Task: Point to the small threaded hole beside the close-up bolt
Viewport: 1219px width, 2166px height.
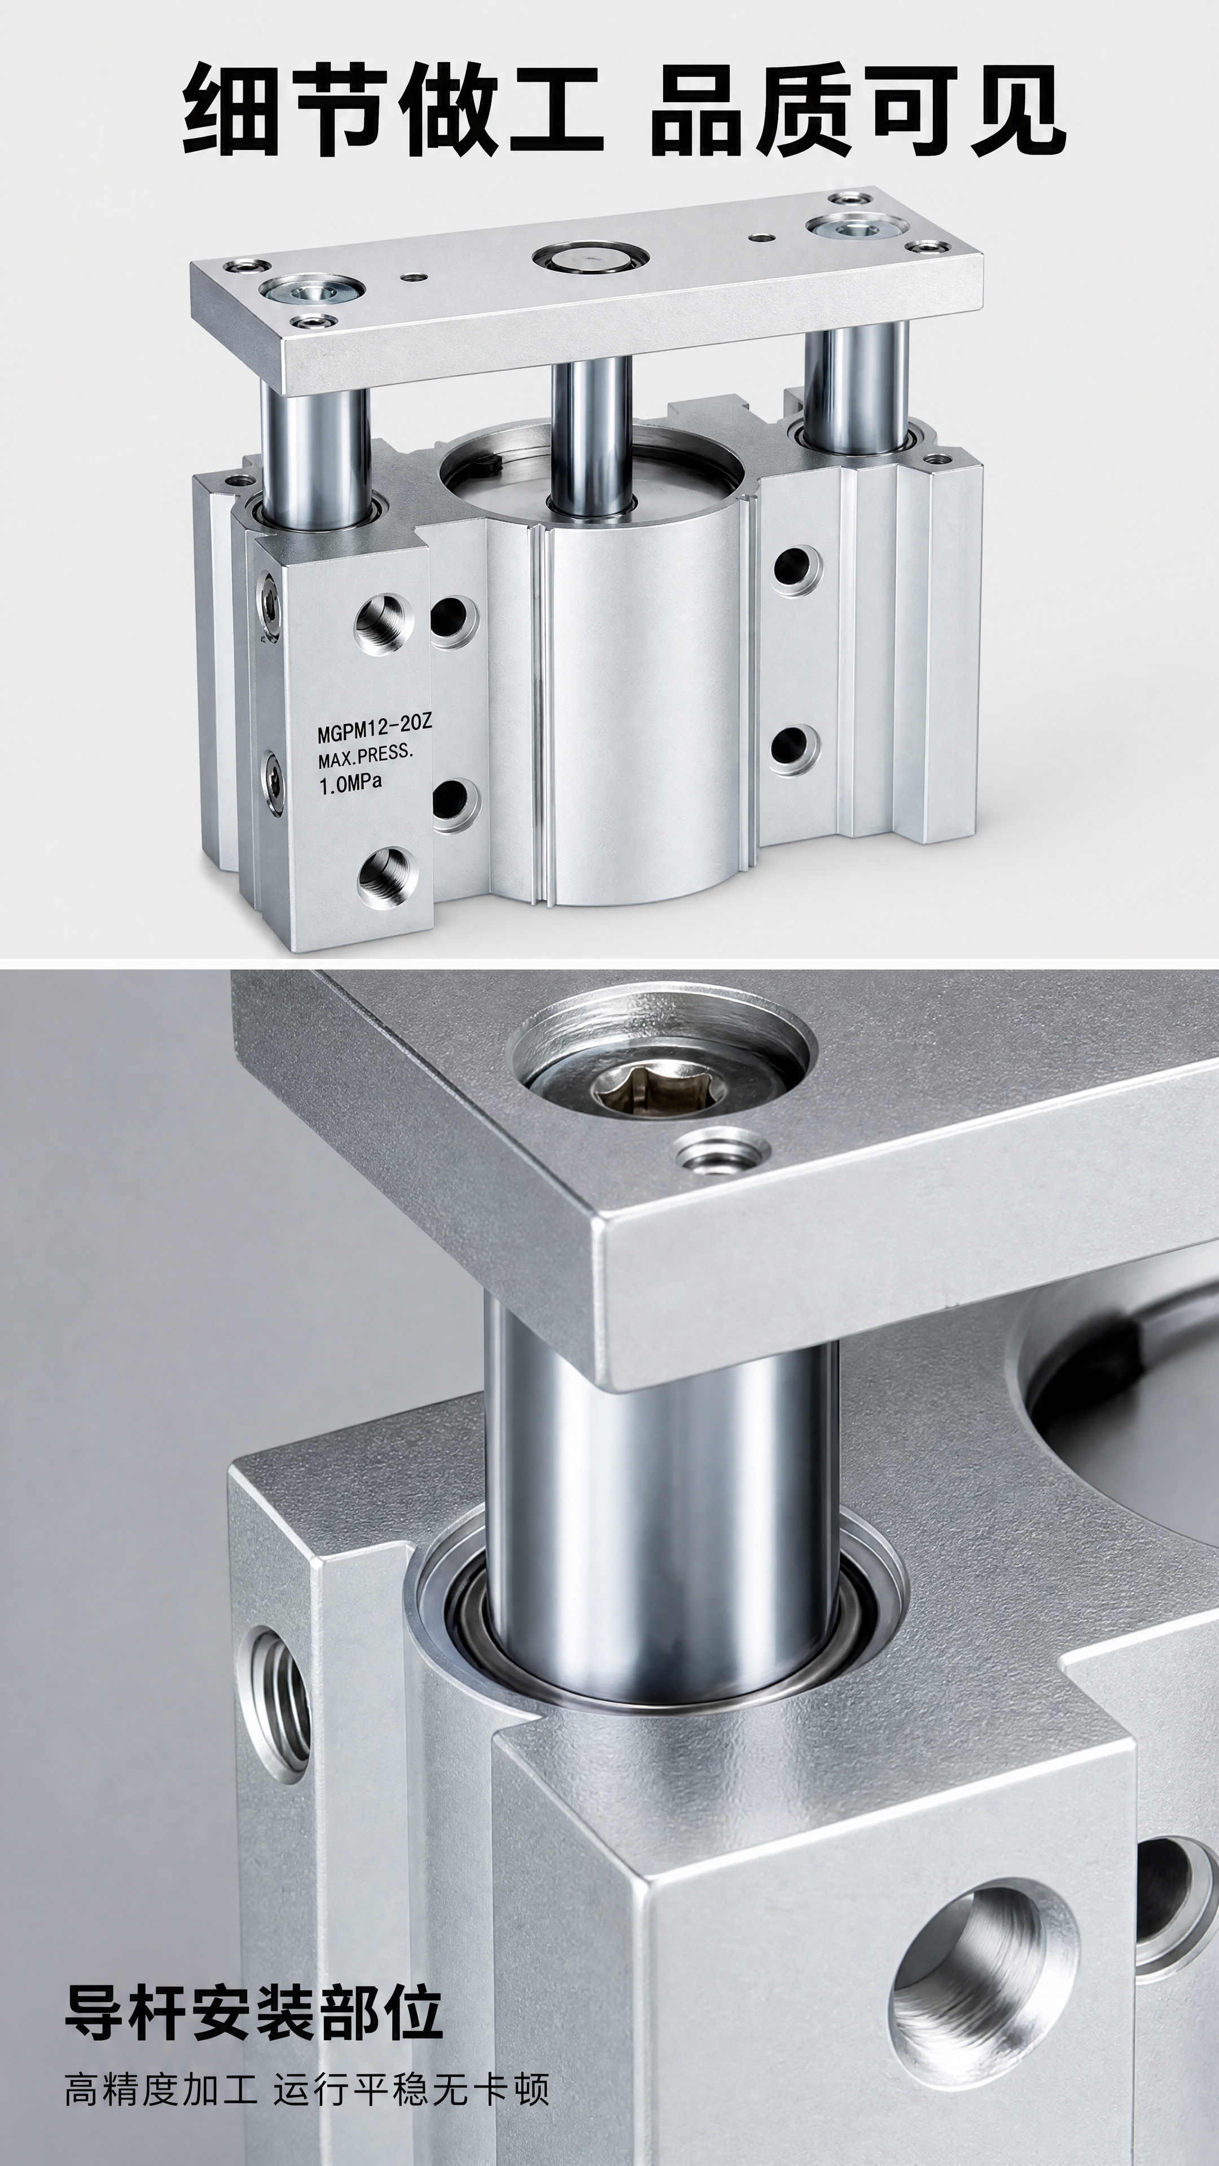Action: pyautogui.click(x=720, y=1156)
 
